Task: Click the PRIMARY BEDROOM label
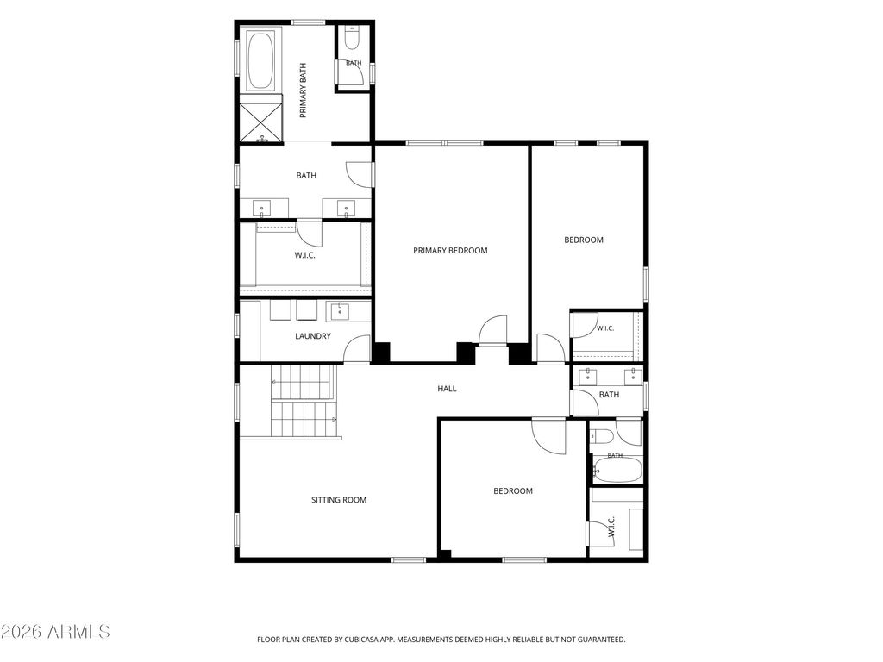click(x=450, y=251)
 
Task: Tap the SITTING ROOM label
click(x=338, y=500)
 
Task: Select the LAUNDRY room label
click(x=312, y=336)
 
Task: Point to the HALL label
click(x=447, y=389)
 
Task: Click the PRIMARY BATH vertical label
click(x=303, y=90)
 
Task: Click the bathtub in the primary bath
click(x=260, y=61)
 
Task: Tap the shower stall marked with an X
click(x=260, y=119)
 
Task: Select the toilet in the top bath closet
click(x=352, y=37)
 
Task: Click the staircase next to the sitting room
click(x=304, y=401)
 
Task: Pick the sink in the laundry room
click(x=340, y=310)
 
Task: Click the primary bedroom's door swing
click(x=492, y=329)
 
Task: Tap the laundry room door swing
click(x=357, y=349)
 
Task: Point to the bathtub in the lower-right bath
click(x=617, y=470)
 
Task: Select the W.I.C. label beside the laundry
click(x=304, y=255)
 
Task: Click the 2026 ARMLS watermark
click(x=55, y=632)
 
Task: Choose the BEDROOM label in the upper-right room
click(x=584, y=240)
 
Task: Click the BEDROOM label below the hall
click(x=512, y=490)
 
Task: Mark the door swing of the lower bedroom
click(x=548, y=436)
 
